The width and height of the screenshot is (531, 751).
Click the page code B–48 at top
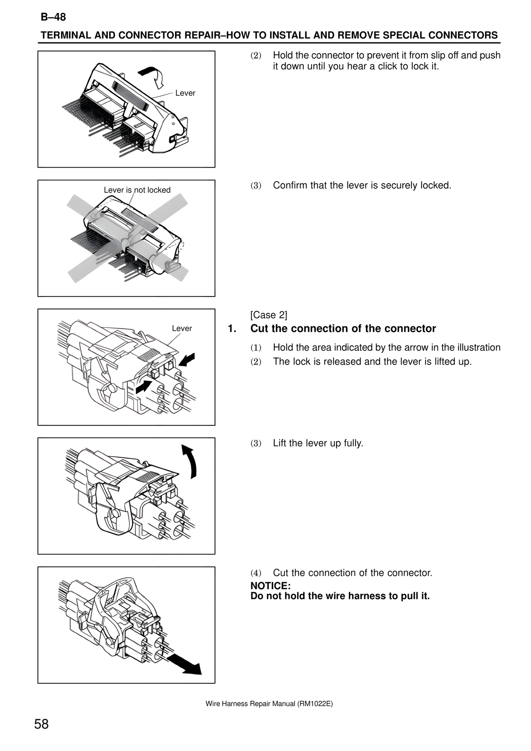(53, 17)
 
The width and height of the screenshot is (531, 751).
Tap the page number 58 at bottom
(41, 724)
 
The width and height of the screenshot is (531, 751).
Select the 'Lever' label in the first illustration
(185, 93)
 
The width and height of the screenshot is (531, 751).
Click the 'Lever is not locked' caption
(137, 190)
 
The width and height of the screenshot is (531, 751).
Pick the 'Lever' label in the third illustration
(182, 328)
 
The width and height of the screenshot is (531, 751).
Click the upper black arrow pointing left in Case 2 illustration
(188, 359)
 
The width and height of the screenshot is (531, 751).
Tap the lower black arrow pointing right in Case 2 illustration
(144, 386)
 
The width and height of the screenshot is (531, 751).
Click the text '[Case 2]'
(268, 315)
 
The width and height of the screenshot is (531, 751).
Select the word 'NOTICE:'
(270, 586)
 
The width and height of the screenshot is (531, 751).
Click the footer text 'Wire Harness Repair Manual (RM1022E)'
(269, 704)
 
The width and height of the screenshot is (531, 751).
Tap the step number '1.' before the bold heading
(232, 329)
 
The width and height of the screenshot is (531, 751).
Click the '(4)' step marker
(256, 573)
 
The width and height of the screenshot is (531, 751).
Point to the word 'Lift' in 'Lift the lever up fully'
(280, 443)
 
